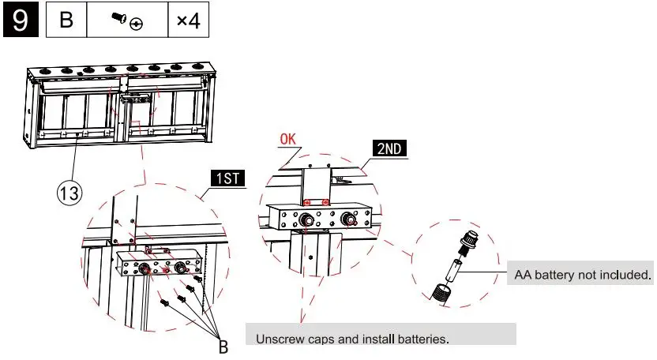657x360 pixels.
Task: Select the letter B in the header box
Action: [67, 21]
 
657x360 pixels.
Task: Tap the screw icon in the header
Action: [126, 22]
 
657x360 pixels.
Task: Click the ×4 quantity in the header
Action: [188, 21]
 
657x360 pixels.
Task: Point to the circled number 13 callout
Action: [69, 192]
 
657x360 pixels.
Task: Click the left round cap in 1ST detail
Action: [146, 269]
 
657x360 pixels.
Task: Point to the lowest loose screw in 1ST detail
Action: [165, 302]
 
